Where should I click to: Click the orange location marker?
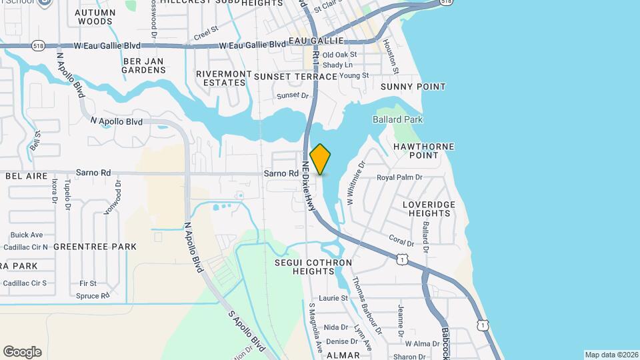pos(320,160)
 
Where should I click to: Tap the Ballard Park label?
pos(398,120)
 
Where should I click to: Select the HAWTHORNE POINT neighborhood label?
pos(424,151)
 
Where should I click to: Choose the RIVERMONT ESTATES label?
pos(223,78)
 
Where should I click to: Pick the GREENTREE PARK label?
pos(95,247)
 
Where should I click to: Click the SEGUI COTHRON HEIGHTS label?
pos(313,267)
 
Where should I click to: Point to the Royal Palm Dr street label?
pos(400,177)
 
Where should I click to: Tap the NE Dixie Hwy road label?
pos(307,187)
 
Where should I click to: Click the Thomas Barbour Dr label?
pos(366,305)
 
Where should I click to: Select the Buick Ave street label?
pos(27,235)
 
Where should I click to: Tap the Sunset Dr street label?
pos(293,96)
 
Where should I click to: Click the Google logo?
pos(22,352)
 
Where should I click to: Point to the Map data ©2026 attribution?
pos(611,354)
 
